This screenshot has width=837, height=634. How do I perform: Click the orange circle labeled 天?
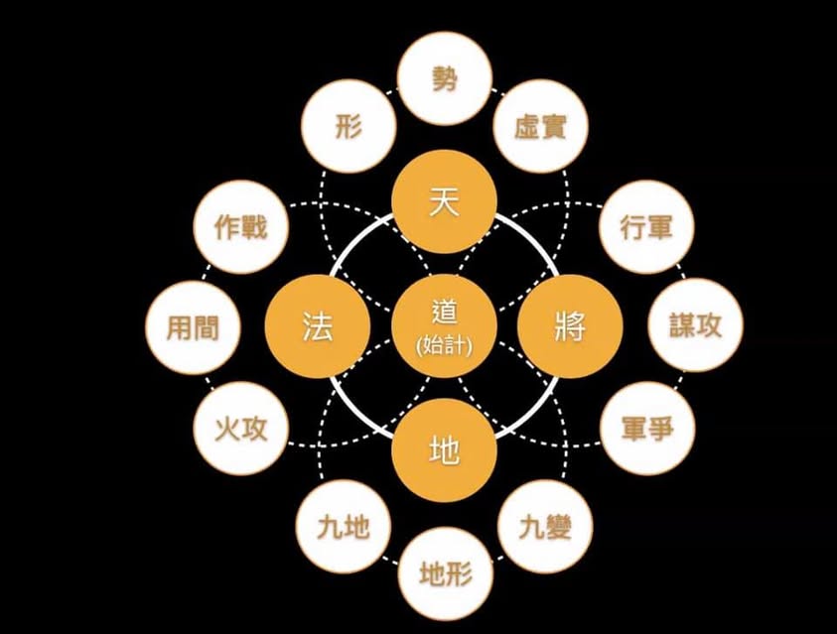pyautogui.click(x=445, y=201)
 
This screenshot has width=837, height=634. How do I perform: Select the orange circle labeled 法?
pyautogui.click(x=318, y=326)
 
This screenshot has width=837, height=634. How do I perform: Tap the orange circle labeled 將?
pyautogui.click(x=570, y=326)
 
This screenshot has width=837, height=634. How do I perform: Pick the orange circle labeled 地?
pyautogui.click(x=445, y=449)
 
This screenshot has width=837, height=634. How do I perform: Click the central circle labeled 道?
pyautogui.click(x=445, y=326)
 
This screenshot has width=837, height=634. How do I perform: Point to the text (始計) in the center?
pyautogui.click(x=445, y=346)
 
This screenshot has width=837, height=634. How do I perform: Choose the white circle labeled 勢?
pyautogui.click(x=445, y=79)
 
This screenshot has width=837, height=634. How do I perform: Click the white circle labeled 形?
pyautogui.click(x=349, y=126)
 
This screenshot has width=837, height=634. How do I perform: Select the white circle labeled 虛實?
pyautogui.click(x=541, y=126)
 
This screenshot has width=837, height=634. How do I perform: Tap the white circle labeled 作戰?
pyautogui.click(x=240, y=227)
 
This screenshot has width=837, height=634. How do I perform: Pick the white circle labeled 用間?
pyautogui.click(x=193, y=327)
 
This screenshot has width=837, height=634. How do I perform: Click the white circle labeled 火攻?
pyautogui.click(x=240, y=429)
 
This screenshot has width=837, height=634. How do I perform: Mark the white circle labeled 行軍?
pyautogui.click(x=647, y=227)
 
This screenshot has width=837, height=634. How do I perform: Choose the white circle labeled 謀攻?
pyautogui.click(x=696, y=324)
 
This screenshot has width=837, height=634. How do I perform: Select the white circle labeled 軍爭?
pyautogui.click(x=647, y=429)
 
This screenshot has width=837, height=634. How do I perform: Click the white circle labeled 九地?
pyautogui.click(x=344, y=527)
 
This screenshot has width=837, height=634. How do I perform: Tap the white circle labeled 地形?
pyautogui.click(x=446, y=574)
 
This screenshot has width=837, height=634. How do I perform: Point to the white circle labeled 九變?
pyautogui.click(x=545, y=527)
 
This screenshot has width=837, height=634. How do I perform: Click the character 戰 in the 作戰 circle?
pyautogui.click(x=253, y=227)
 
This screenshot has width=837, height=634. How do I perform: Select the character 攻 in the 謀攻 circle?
pyautogui.click(x=709, y=324)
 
